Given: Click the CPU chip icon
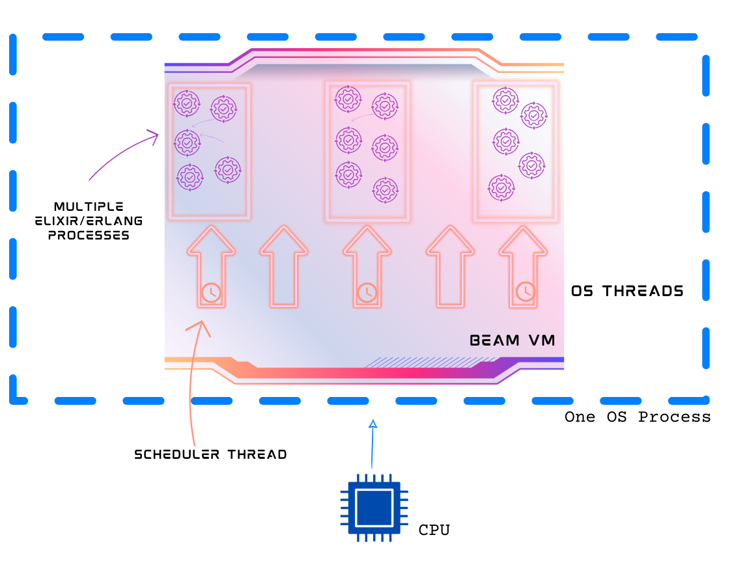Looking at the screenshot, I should (374, 508).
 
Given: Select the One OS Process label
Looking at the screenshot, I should (638, 417).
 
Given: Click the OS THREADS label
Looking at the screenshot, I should (627, 291).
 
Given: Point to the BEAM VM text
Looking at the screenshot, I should (513, 340).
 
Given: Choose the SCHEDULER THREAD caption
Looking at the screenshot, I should (210, 454).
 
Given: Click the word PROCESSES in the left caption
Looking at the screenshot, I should (89, 235).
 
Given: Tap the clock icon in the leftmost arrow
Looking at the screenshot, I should (210, 292).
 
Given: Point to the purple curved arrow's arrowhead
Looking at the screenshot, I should (154, 135).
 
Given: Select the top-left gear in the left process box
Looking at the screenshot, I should (186, 103).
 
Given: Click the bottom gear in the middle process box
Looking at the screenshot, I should (385, 191).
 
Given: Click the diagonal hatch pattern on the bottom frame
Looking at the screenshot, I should (417, 363).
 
